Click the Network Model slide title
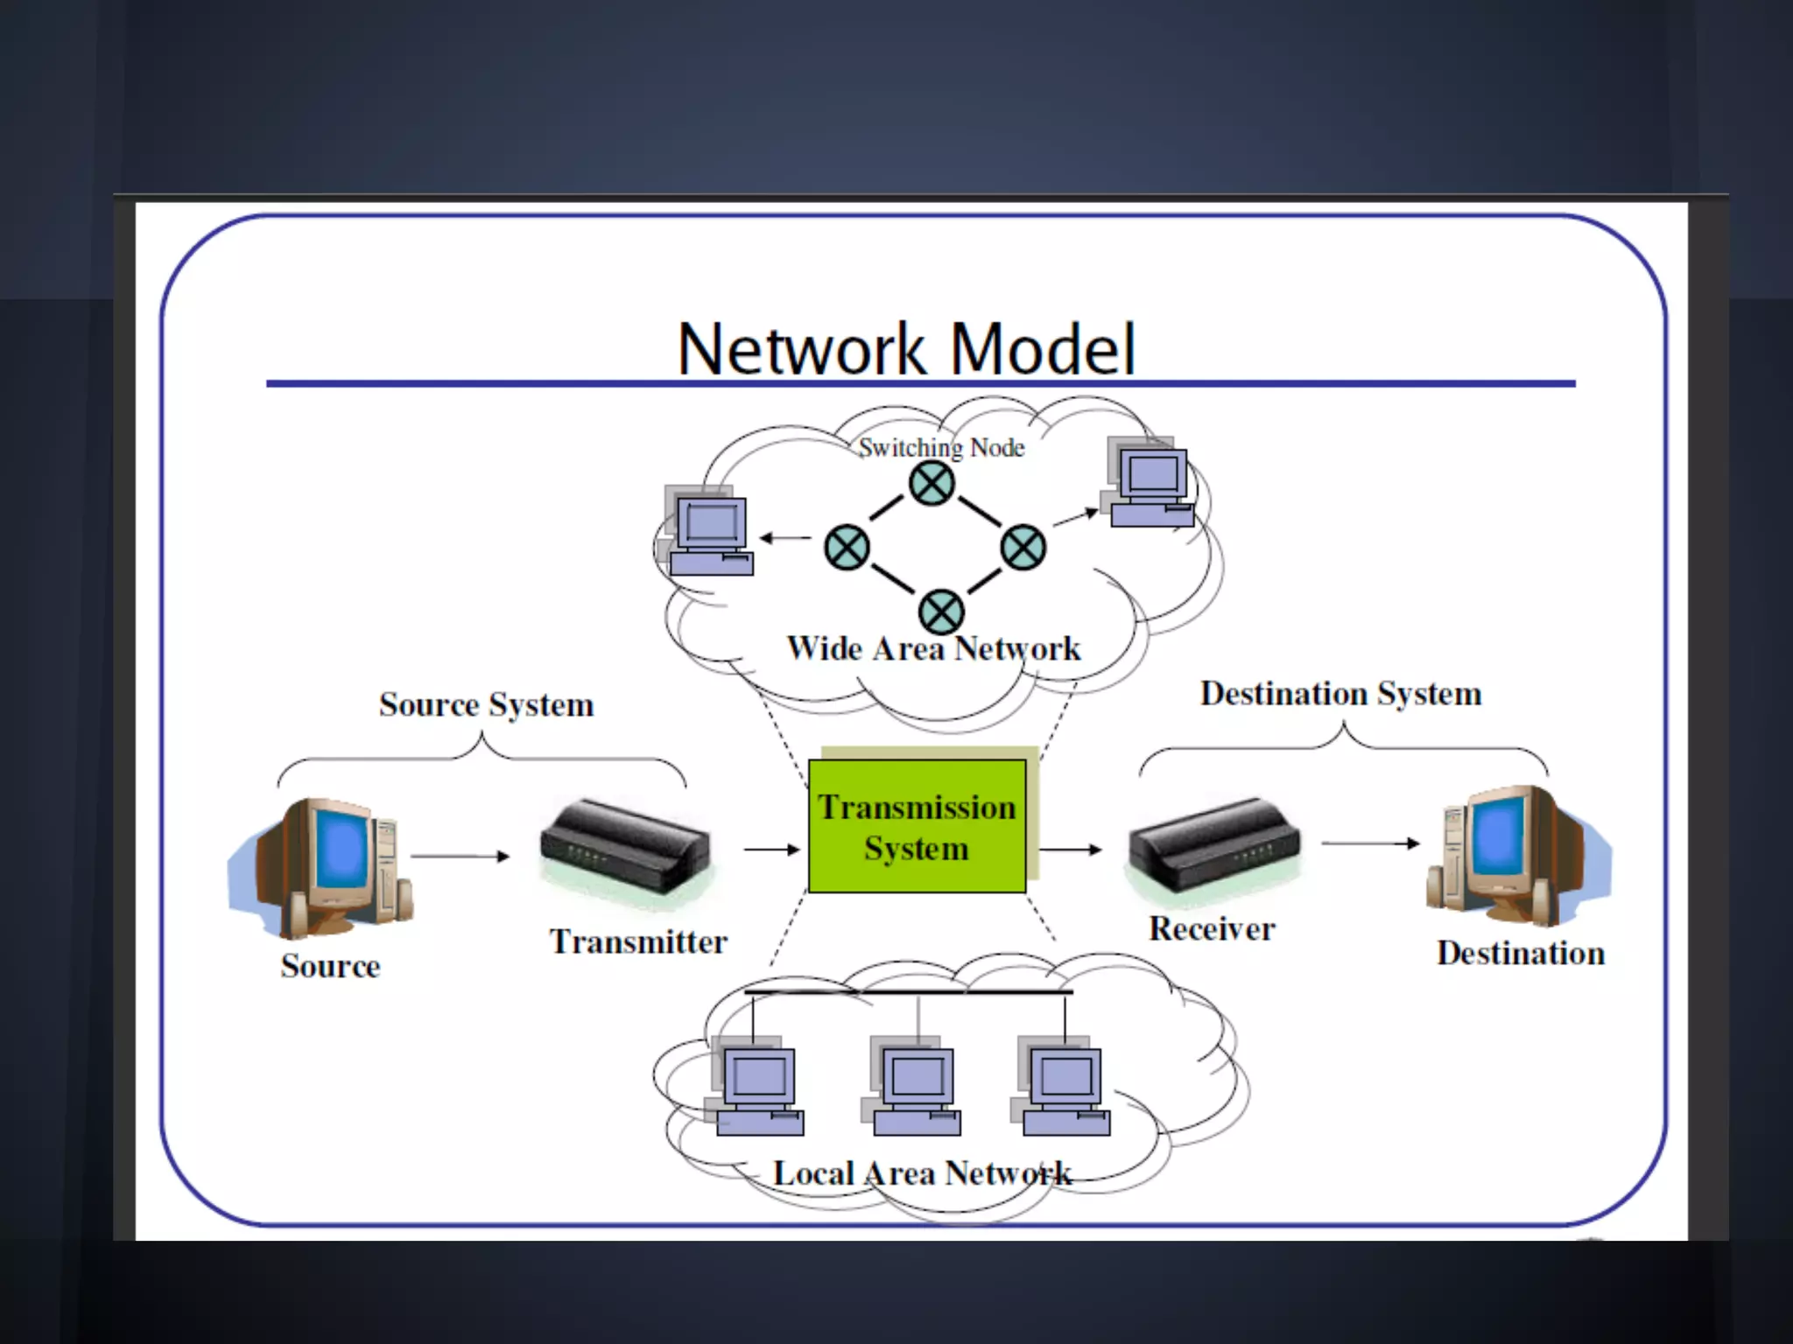pyautogui.click(x=906, y=349)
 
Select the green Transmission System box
pyautogui.click(x=916, y=826)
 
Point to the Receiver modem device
pyautogui.click(x=1214, y=843)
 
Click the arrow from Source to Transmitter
pyautogui.click(x=460, y=856)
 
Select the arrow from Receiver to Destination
pyautogui.click(x=1369, y=843)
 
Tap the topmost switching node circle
pyautogui.click(x=932, y=483)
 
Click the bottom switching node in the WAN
pyautogui.click(x=941, y=612)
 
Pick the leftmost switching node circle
pyautogui.click(x=847, y=548)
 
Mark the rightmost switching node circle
pyautogui.click(x=1023, y=548)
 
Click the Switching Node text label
pyautogui.click(x=941, y=448)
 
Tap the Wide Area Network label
pyautogui.click(x=933, y=649)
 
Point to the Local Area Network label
pyautogui.click(x=922, y=1173)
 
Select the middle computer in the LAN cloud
pyautogui.click(x=915, y=1086)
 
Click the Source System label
pyautogui.click(x=486, y=704)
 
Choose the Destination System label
pyautogui.click(x=1340, y=693)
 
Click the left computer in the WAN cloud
pyautogui.click(x=709, y=533)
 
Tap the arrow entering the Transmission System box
pyautogui.click(x=771, y=849)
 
